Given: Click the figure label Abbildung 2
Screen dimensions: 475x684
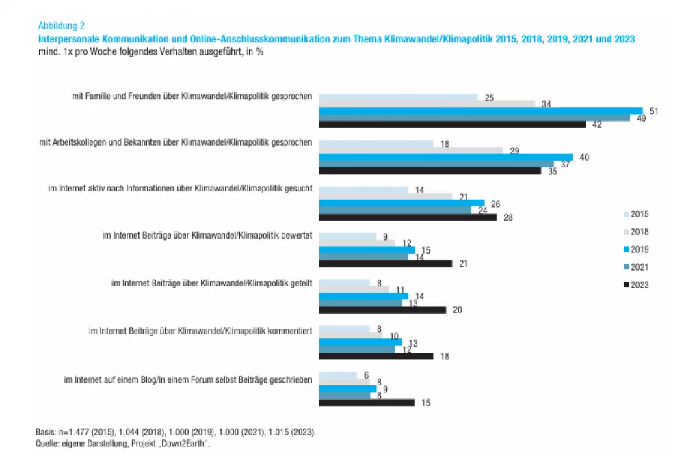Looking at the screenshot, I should click(x=62, y=26).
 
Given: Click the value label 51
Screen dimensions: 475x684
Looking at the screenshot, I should click(x=654, y=111).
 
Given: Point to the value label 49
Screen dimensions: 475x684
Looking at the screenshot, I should click(x=640, y=118).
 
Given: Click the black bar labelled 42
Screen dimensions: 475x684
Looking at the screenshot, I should click(x=452, y=124).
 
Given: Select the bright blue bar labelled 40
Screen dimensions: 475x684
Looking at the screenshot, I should click(x=445, y=157).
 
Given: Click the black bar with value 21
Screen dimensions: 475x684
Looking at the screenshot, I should click(x=385, y=263).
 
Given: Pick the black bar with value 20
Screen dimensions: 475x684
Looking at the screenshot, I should click(x=382, y=310).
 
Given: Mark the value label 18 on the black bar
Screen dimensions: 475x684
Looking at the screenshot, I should click(x=445, y=356).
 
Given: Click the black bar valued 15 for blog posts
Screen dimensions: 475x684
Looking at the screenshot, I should click(x=366, y=403).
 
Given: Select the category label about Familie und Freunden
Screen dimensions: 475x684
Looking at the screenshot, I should click(x=192, y=97).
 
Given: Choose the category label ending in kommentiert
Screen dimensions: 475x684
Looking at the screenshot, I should click(x=201, y=331).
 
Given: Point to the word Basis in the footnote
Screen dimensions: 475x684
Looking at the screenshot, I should click(x=47, y=433).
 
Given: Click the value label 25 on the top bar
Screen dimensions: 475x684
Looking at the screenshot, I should click(x=489, y=98).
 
